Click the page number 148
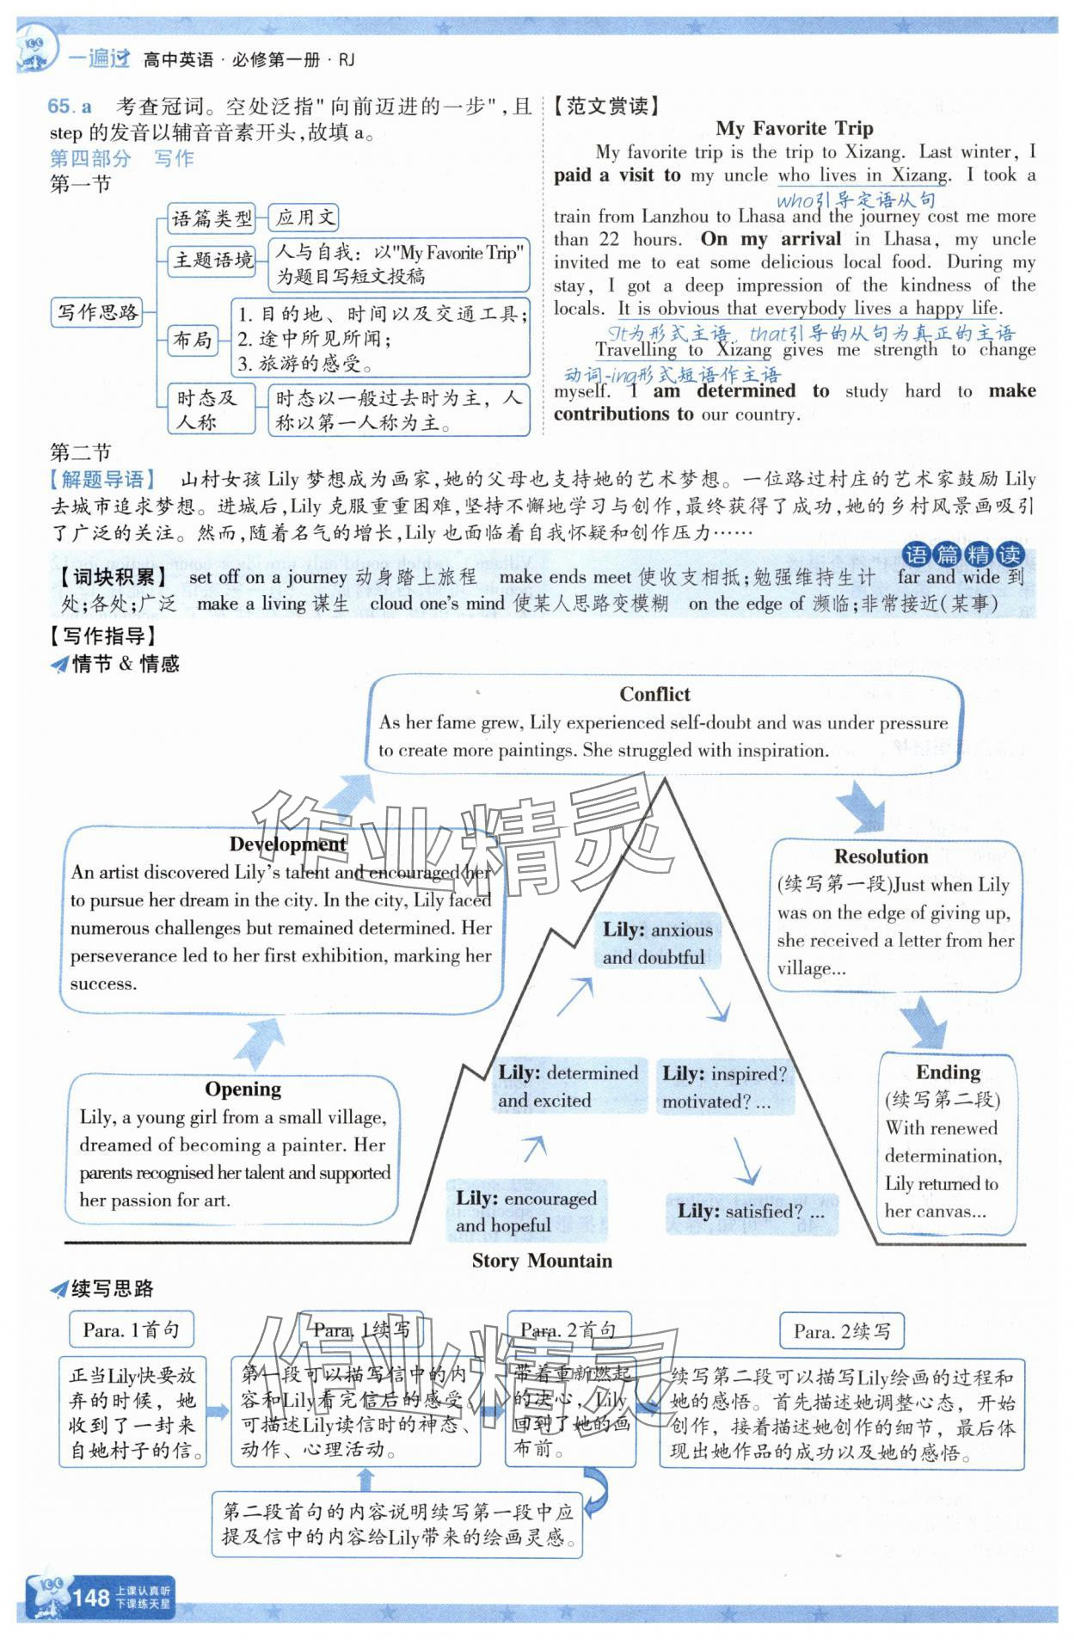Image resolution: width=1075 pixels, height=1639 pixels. tap(90, 1598)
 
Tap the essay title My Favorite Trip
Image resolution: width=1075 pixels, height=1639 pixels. tap(794, 129)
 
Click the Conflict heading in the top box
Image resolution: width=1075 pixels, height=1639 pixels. tap(654, 695)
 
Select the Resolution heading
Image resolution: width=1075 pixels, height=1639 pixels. tap(881, 856)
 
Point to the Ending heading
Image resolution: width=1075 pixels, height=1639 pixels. tap(948, 1072)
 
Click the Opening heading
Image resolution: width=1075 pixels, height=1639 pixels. tap(243, 1090)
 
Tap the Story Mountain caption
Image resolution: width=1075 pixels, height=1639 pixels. tap(542, 1261)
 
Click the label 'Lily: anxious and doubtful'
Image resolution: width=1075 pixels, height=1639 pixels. tap(658, 943)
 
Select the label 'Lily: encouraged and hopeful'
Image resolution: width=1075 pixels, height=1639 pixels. tap(526, 1211)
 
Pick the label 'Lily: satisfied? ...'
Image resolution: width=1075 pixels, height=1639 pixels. tap(751, 1211)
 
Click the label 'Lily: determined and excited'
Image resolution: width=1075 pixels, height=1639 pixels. tap(568, 1086)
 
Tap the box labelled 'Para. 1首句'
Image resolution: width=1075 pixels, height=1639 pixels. tap(131, 1330)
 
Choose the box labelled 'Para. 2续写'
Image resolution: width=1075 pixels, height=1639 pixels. tap(841, 1332)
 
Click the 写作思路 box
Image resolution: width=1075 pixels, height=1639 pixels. tap(97, 312)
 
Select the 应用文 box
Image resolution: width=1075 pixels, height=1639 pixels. tap(304, 218)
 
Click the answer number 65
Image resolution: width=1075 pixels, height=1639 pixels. tap(60, 107)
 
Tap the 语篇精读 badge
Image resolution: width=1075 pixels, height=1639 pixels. tap(963, 555)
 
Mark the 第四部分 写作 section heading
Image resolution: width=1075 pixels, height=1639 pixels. tap(121, 158)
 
